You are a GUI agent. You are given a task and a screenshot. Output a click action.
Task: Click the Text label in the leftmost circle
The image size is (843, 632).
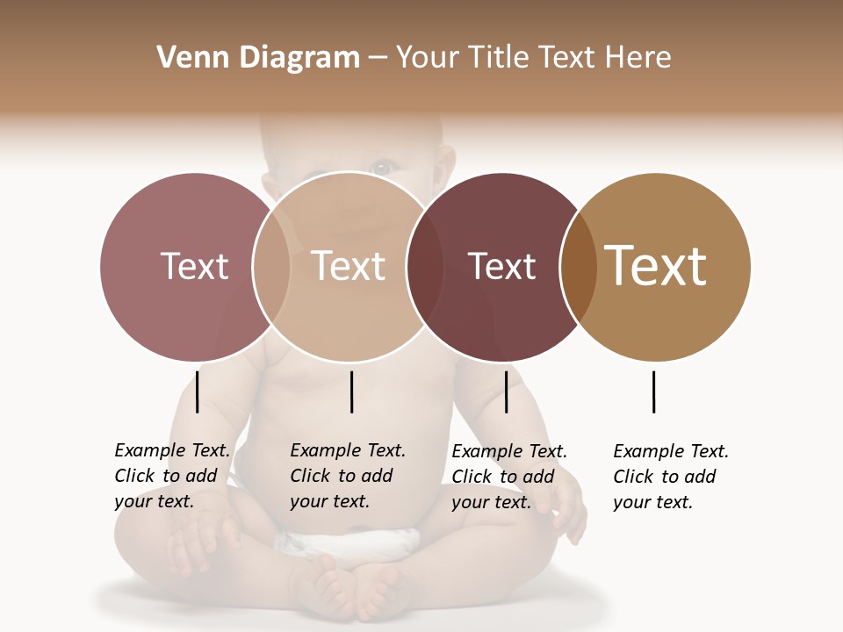[x=194, y=266]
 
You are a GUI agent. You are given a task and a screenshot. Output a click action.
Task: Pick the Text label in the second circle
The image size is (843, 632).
[x=349, y=266]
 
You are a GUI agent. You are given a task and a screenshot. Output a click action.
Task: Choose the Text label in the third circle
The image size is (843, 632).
[x=501, y=266]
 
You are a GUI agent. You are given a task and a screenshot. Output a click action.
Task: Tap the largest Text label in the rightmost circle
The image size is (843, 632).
[x=656, y=266]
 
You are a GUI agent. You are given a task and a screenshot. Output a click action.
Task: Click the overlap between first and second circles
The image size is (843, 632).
[x=271, y=267]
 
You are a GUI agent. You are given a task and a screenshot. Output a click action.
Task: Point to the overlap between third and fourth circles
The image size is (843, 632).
[x=579, y=267]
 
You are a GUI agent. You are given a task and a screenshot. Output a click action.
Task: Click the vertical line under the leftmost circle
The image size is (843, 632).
[x=198, y=391]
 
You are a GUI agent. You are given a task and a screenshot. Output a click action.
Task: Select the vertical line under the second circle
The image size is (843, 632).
[x=351, y=391]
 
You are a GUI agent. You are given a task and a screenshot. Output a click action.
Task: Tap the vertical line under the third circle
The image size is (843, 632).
[x=506, y=391]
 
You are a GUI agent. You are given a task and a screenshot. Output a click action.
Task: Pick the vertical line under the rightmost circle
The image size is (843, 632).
[x=653, y=391]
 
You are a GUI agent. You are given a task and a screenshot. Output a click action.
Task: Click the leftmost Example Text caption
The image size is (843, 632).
[x=172, y=476]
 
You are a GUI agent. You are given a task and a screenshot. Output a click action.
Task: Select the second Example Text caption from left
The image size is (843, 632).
[x=348, y=476]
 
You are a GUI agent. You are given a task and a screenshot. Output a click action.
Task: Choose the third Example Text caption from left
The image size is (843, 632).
[x=509, y=476]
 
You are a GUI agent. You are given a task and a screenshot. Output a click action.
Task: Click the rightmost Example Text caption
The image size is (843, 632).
[x=671, y=476]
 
